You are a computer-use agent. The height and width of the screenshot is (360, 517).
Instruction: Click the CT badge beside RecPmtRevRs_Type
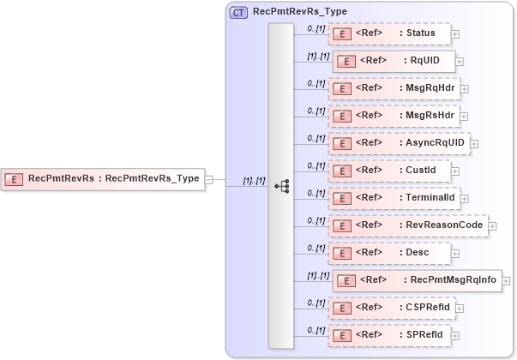coord(238,13)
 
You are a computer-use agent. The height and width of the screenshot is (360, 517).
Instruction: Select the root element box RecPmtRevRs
coord(102,179)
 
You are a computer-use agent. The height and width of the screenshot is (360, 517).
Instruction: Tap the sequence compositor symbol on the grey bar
coord(280,185)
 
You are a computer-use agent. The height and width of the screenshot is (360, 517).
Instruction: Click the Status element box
coord(390,34)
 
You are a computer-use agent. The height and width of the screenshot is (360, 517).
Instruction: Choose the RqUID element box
coord(394,62)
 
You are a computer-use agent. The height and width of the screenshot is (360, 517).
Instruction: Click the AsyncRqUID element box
coord(399,143)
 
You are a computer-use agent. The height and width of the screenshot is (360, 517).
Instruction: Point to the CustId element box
coord(391,171)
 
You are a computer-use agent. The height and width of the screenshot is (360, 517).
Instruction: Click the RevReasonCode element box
coord(408,225)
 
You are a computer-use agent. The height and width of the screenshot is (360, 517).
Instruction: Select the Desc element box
coord(390,253)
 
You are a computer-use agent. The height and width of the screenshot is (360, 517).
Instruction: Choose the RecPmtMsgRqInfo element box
coord(417,280)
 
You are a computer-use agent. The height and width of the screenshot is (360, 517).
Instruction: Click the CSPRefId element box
coord(393,307)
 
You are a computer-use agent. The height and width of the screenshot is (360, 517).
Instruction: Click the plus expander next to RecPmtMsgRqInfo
coord(507,281)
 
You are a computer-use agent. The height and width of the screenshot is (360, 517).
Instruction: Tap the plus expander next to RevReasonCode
coord(492,226)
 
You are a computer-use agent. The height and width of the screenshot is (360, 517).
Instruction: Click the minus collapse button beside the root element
coord(208,180)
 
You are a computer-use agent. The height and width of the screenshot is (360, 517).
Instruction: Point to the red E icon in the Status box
coord(343,34)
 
